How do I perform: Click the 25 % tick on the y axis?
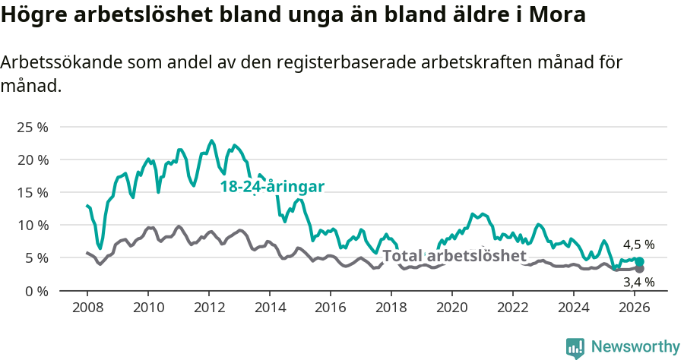(32, 127)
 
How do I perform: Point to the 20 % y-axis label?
(32, 159)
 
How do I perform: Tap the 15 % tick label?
(32, 192)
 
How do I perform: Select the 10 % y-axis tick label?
(32, 225)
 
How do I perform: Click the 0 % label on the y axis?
(36, 291)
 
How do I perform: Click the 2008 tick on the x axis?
(87, 308)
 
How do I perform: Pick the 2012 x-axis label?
(208, 308)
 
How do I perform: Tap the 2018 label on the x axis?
(391, 308)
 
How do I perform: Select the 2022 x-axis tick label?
(512, 308)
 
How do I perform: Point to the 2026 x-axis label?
(634, 308)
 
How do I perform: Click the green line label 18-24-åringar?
(272, 187)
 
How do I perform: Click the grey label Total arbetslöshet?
(454, 256)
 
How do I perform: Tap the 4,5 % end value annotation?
(638, 245)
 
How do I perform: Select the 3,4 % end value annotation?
(638, 282)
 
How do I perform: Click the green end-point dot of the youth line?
(639, 261)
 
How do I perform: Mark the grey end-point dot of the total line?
(639, 269)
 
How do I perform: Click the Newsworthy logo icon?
(575, 347)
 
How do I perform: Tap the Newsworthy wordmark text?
(635, 347)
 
